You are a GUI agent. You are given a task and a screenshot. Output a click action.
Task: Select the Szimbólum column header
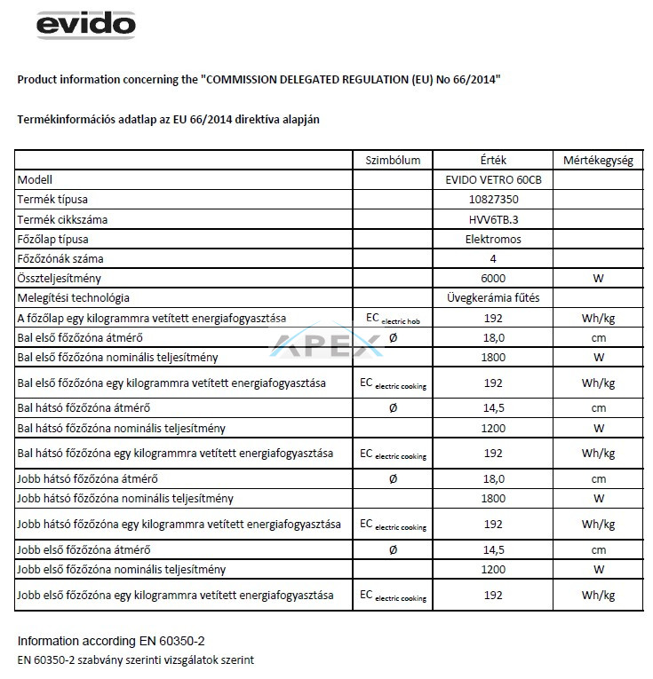393,161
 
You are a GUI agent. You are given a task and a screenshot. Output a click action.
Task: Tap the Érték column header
491,161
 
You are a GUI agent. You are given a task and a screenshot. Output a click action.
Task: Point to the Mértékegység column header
597,161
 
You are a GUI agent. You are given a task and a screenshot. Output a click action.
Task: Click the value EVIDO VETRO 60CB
491,179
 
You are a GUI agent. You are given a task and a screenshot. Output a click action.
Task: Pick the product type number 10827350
491,199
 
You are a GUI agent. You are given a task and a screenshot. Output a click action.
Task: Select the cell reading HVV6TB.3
491,219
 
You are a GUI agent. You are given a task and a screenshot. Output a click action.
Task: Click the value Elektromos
491,239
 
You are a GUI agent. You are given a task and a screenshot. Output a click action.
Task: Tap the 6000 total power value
491,278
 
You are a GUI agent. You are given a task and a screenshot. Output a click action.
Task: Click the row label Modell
36,179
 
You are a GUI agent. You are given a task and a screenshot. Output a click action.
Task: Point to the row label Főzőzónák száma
60,258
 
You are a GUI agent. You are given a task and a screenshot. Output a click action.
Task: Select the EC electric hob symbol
393,318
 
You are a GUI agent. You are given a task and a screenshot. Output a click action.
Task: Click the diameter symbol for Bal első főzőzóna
393,338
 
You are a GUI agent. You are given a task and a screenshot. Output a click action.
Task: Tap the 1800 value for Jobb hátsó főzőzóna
491,498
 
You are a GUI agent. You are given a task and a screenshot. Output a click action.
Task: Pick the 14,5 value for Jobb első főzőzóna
491,550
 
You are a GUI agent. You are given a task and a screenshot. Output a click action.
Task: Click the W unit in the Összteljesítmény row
597,278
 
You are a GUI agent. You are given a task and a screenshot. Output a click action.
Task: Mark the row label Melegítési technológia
73,297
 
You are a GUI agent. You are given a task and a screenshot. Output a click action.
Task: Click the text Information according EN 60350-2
104,641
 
